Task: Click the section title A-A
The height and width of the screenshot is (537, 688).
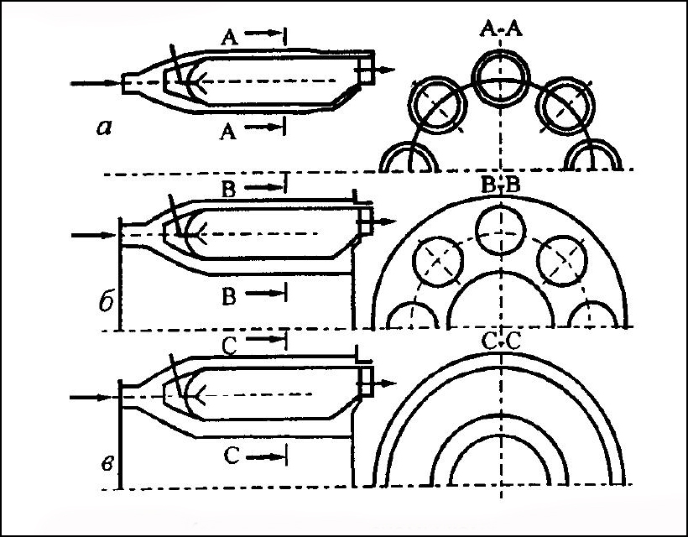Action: click(x=501, y=30)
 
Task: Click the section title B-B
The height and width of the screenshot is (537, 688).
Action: click(x=501, y=185)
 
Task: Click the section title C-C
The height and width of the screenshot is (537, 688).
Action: click(x=501, y=341)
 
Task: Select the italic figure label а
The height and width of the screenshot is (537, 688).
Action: click(x=104, y=128)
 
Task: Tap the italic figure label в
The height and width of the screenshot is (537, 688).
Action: click(x=108, y=463)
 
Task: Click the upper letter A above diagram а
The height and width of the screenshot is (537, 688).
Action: click(x=229, y=38)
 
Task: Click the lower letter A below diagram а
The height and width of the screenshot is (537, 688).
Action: click(x=227, y=131)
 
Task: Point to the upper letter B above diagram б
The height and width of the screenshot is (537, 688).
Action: click(x=228, y=190)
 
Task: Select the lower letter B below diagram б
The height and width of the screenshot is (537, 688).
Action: click(x=229, y=296)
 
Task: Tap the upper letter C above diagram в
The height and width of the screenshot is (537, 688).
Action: click(x=230, y=347)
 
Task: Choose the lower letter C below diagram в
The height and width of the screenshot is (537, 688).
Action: click(x=232, y=456)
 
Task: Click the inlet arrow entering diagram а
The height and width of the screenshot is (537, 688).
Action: click(x=96, y=83)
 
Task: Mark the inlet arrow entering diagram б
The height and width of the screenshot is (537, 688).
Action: click(x=94, y=236)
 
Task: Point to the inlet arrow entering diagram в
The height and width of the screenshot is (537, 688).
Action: click(x=94, y=398)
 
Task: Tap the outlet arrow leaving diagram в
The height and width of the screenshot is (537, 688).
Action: click(x=384, y=383)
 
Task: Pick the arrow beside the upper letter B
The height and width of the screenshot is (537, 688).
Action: click(x=264, y=187)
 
